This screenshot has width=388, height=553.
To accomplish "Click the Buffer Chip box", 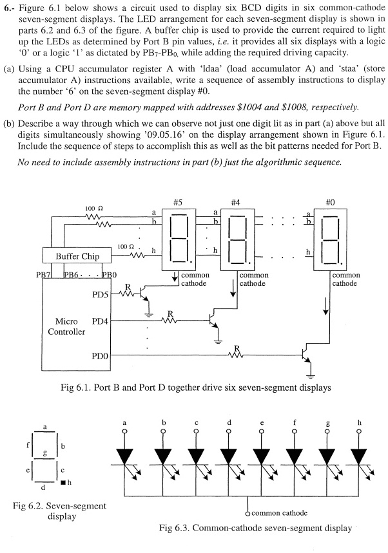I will pyautogui.click(x=77, y=256).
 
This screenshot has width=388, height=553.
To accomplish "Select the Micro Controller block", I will pyautogui.click(x=71, y=326).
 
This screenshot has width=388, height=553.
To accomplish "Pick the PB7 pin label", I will pyautogui.click(x=44, y=275).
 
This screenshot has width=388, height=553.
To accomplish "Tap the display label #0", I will pyautogui.click(x=331, y=201).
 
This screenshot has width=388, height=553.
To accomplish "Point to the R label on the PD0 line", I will pyautogui.click(x=237, y=348).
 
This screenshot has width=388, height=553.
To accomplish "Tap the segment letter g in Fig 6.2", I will pyautogui.click(x=44, y=453).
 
